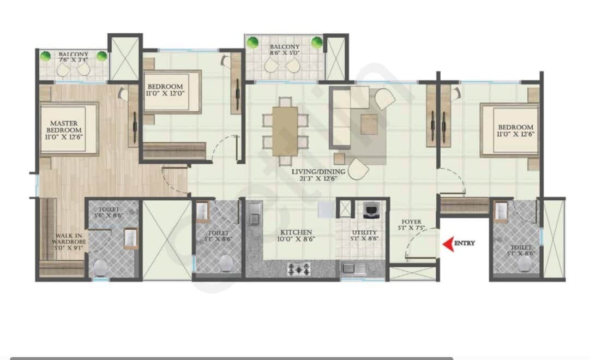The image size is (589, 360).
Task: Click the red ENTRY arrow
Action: [448, 244]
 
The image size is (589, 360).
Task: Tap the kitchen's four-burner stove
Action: [299, 268]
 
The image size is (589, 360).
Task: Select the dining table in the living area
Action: [285, 131]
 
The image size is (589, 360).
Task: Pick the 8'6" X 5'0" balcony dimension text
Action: [285, 54]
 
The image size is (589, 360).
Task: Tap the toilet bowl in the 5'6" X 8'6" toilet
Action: [100, 267]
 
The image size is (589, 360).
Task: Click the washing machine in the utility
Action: [371, 210]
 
